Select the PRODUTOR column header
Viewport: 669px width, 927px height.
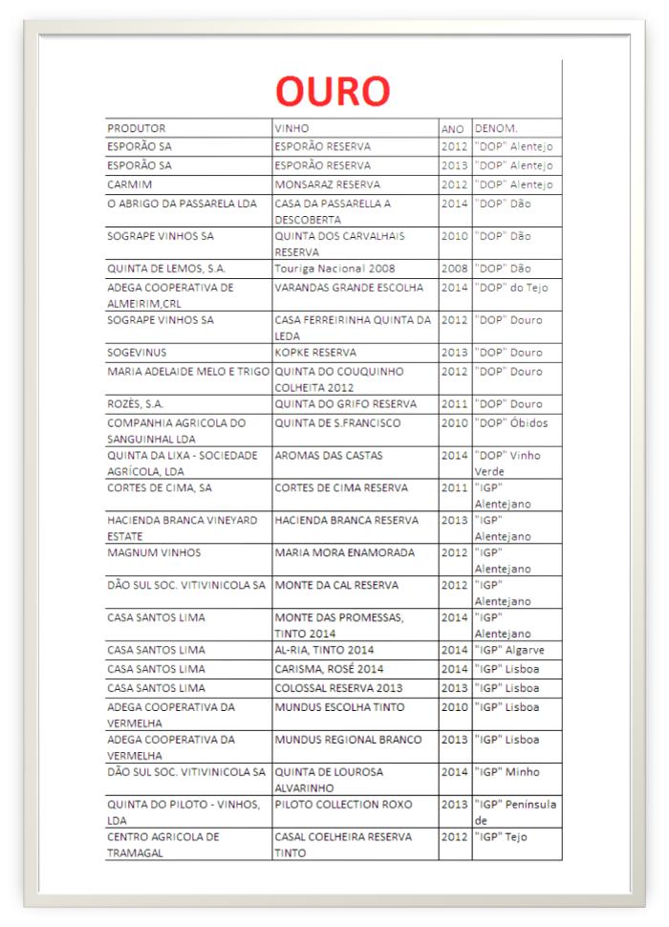(x=137, y=128)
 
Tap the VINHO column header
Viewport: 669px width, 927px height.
(x=291, y=128)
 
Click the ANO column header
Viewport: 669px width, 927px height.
(x=452, y=128)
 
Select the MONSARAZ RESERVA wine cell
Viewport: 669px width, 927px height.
(x=327, y=183)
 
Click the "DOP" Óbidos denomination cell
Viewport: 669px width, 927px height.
(x=511, y=423)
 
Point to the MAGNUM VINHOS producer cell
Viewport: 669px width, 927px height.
(x=148, y=552)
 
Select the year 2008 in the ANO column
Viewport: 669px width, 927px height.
(x=454, y=269)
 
